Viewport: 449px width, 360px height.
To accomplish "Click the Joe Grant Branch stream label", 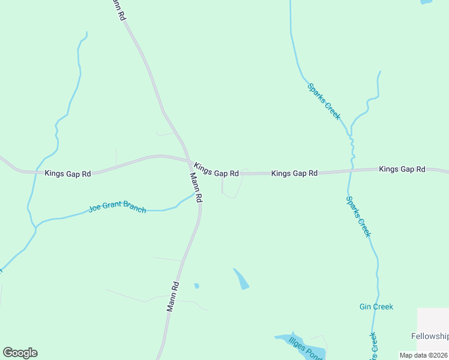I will coord(117,208).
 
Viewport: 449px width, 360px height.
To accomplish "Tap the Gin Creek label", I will coord(376,307).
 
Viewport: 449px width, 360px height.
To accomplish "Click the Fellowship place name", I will coord(430,336).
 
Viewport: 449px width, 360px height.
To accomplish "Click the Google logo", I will coord(20,353).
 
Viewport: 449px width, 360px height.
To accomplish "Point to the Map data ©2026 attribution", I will coord(424,355).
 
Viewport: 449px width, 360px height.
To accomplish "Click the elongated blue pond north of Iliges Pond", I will coord(241,279).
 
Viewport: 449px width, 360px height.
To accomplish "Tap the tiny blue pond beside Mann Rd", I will coord(196,286).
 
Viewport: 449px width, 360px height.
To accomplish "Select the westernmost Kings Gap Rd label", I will coord(68,173).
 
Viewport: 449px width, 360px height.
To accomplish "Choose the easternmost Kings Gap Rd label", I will coord(402,170).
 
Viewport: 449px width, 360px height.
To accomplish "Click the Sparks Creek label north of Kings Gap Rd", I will coord(324,101).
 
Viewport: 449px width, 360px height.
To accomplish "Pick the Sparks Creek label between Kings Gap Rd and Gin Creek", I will coord(359,216).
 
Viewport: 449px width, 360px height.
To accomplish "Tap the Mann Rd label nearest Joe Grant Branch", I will coord(196,187).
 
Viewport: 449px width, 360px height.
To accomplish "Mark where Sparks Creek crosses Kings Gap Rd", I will coord(353,171).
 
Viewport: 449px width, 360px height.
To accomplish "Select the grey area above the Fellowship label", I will coord(433,318).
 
